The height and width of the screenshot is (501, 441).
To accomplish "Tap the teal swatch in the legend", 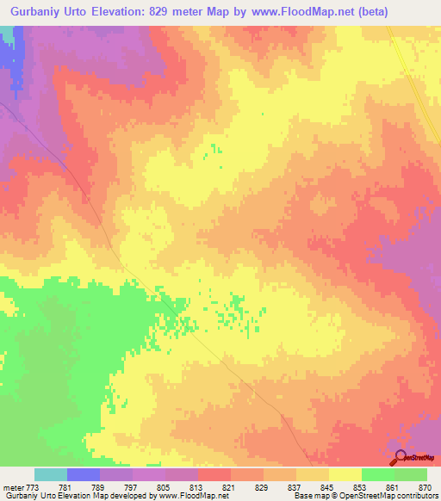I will coord(51,474).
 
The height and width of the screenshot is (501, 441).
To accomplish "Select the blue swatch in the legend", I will coord(84,474).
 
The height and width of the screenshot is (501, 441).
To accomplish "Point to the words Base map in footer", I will coord(308,497).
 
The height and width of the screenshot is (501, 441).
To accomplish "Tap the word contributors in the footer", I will coord(413,497).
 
